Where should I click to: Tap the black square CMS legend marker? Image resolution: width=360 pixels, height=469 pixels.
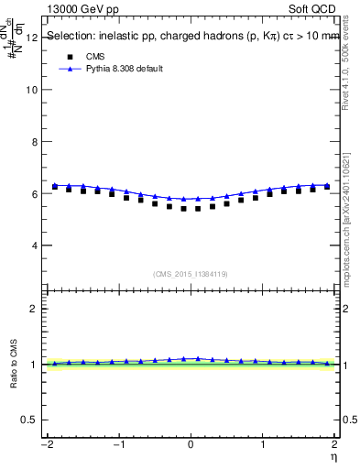(x=69, y=56)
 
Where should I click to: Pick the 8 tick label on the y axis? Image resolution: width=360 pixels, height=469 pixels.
(x=33, y=142)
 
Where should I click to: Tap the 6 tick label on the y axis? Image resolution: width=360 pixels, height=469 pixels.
(x=33, y=194)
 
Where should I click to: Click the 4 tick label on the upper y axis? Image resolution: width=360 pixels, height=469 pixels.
(x=33, y=245)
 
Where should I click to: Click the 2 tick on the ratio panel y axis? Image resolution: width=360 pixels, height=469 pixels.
(x=33, y=309)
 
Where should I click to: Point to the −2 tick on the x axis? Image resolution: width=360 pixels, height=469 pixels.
(x=47, y=444)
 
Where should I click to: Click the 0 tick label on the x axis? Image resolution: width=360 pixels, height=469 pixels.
(x=191, y=444)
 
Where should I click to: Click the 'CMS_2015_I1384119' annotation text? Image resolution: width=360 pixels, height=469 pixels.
(x=191, y=274)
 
